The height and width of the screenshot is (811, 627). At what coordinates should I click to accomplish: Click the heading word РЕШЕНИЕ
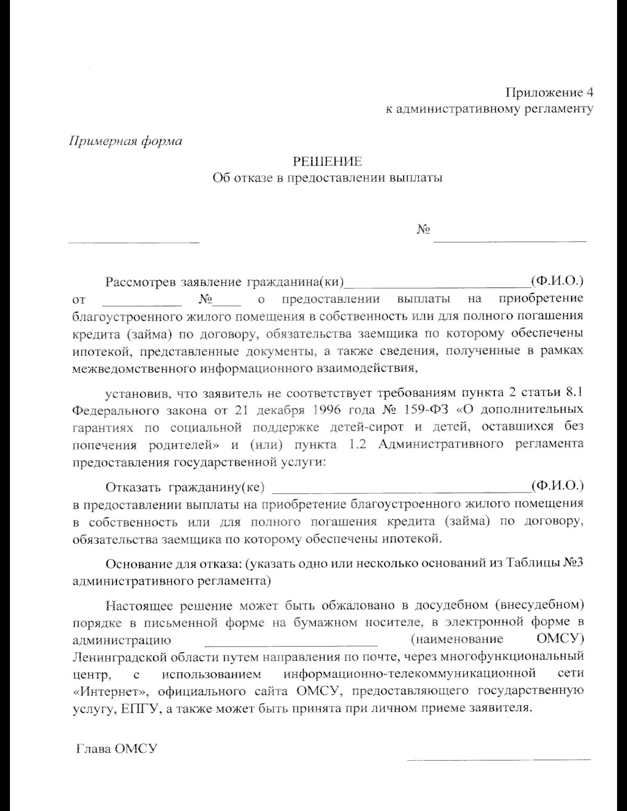pyautogui.click(x=327, y=161)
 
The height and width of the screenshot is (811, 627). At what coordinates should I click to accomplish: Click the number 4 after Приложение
pyautogui.click(x=589, y=93)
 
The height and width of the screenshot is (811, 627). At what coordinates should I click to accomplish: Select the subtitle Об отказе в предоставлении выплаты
pyautogui.click(x=328, y=178)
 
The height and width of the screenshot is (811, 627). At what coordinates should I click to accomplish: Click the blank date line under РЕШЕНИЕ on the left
pyautogui.click(x=134, y=242)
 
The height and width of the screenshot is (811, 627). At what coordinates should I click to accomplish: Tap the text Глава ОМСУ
pyautogui.click(x=117, y=749)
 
